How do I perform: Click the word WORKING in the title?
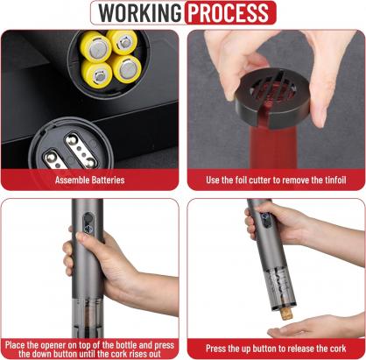coord(139,13)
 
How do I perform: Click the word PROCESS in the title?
coord(229,13)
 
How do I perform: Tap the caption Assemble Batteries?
coord(90,180)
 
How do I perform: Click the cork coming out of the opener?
coord(286,314)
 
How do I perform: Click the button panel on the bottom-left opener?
coord(88,222)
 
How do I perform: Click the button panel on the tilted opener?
coord(265,219)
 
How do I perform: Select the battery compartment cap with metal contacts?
coord(70,145)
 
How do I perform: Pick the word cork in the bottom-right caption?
coord(338,349)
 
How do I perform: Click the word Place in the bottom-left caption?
coord(15,345)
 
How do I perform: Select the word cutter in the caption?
coord(258,180)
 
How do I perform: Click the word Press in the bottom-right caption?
coord(215,349)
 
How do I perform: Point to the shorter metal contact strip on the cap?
coord(53,159)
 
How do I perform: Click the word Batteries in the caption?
coord(108,180)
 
